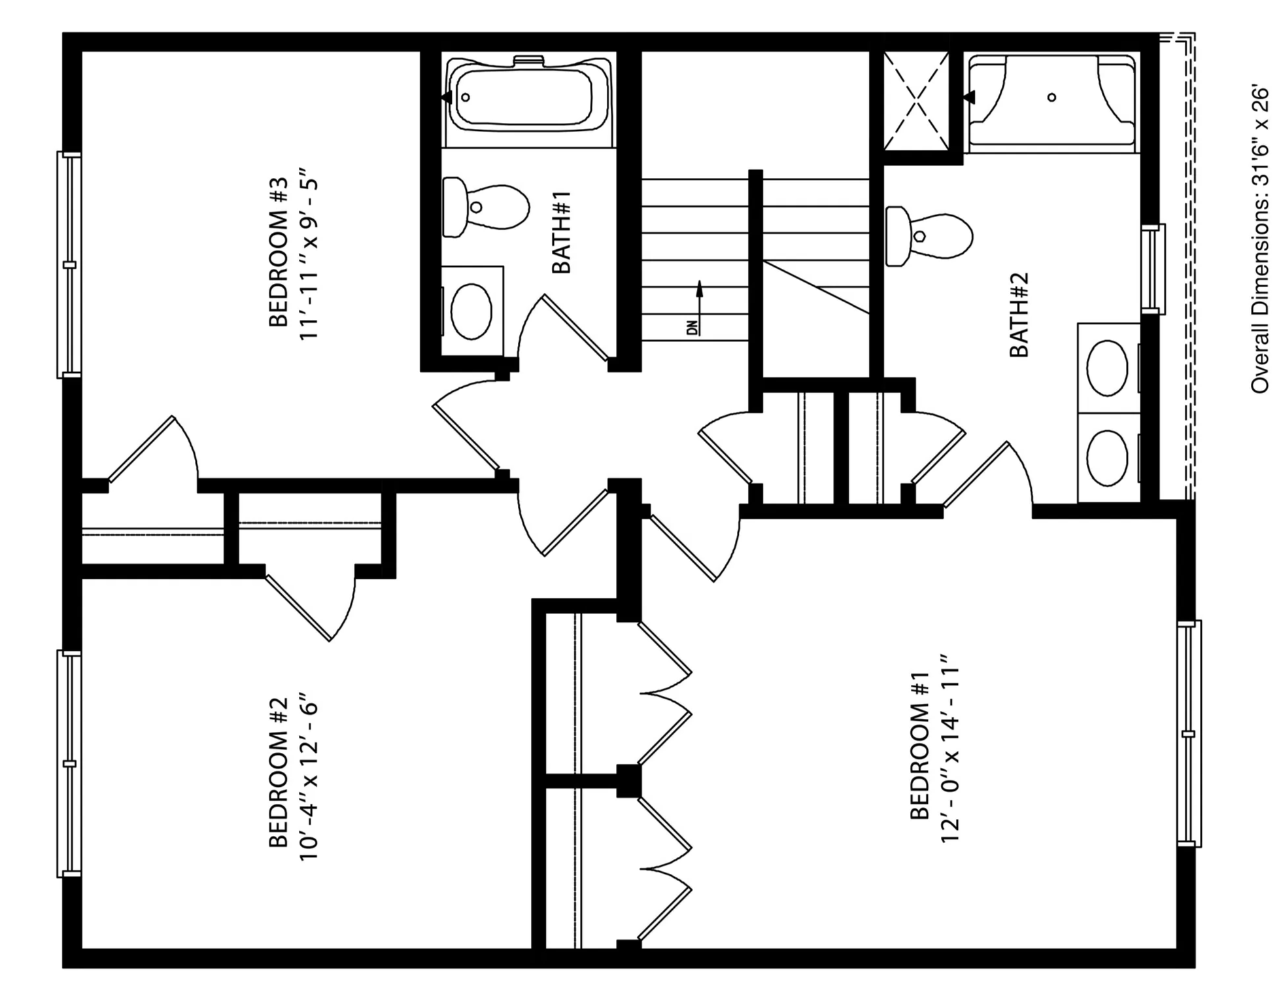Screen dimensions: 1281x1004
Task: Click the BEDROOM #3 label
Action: click(x=278, y=252)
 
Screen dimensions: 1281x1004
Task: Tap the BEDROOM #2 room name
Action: click(x=278, y=772)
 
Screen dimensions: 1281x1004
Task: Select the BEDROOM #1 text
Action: click(x=919, y=745)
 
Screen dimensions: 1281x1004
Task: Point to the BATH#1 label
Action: click(x=562, y=232)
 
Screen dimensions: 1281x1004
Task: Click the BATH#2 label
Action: click(x=1019, y=315)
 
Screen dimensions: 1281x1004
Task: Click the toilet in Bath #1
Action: click(x=485, y=207)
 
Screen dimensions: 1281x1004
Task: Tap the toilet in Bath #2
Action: click(x=929, y=235)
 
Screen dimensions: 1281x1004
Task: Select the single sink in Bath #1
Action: click(x=472, y=311)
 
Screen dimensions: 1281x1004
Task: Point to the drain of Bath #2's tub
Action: click(x=1051, y=97)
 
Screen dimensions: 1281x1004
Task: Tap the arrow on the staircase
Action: click(x=699, y=307)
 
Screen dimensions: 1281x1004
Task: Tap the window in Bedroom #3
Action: click(x=69, y=265)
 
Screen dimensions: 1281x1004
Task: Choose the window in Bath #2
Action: click(x=1153, y=269)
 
